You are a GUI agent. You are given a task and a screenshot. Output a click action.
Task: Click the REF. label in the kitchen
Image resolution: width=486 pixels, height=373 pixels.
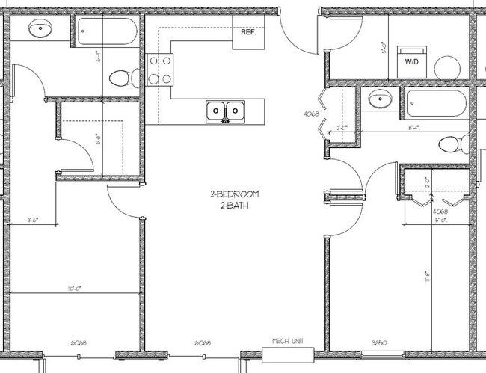click(248, 34)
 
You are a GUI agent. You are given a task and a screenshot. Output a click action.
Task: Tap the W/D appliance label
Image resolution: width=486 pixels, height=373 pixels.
click(412, 63)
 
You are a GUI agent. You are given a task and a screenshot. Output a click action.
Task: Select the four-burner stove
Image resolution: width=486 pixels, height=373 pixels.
click(158, 70)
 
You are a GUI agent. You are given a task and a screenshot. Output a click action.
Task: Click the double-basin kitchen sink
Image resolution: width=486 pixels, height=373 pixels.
click(226, 111)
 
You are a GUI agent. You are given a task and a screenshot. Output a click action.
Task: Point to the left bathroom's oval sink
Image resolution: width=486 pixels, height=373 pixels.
click(39, 29)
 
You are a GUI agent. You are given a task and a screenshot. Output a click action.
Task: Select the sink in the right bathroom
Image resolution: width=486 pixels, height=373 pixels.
click(382, 99)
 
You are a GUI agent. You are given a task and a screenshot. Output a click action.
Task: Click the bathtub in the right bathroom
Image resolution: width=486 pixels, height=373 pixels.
click(437, 99)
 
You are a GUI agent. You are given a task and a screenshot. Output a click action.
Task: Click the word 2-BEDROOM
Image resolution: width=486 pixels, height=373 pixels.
click(234, 194)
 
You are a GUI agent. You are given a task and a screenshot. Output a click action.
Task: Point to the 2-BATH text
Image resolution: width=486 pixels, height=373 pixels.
click(234, 204)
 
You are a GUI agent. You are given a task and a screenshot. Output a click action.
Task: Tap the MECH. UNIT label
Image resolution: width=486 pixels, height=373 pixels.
click(286, 342)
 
